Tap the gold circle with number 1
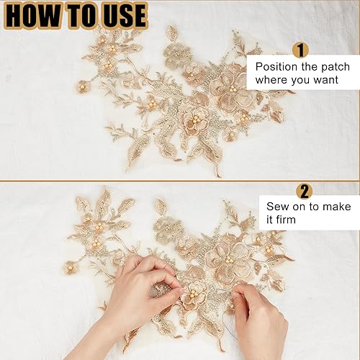[300, 50]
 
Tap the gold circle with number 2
[305, 191]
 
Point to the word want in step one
[325, 80]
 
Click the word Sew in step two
[276, 207]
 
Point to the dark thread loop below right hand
[228, 326]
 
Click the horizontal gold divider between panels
[179, 181]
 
